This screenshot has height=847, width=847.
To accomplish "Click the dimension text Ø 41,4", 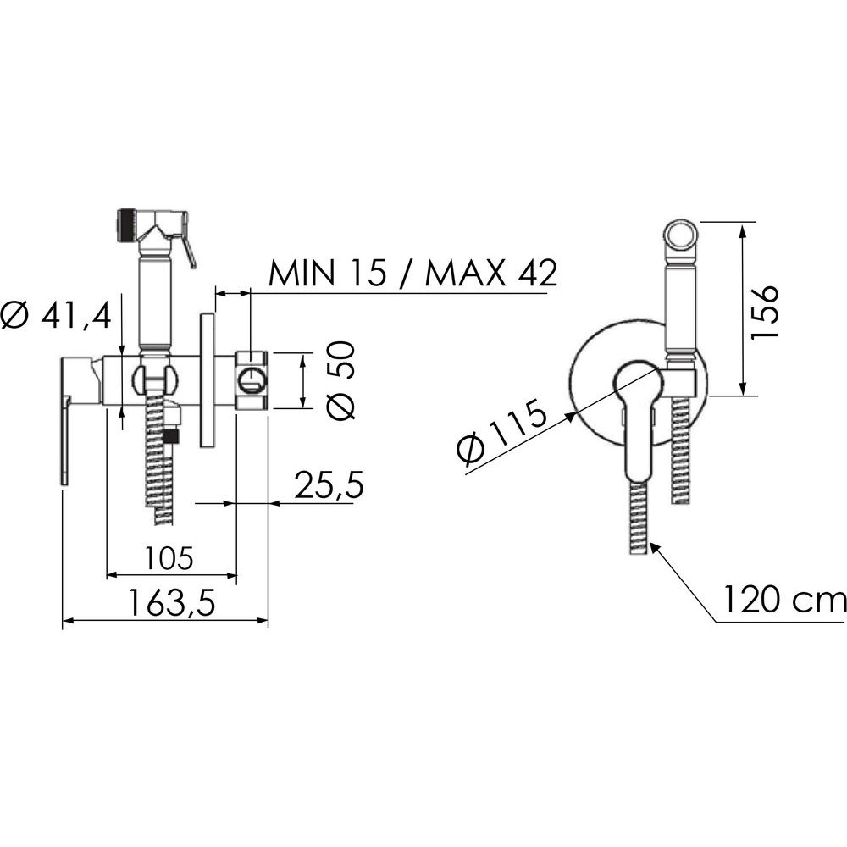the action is pos(56,317).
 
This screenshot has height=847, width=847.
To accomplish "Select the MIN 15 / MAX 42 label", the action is pos(413,274).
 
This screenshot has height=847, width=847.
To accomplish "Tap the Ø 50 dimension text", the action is pos(341,380).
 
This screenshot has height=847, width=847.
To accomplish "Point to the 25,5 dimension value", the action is pos(329,484).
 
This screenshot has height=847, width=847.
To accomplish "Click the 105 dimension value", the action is pos(169,558).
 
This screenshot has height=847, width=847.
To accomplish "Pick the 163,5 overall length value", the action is pos(172,603).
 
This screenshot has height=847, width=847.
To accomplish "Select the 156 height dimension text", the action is pos(766,312).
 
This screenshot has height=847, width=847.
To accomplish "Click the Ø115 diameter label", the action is pos(501,432).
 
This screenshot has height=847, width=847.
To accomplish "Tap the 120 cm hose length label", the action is pos(784,600).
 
